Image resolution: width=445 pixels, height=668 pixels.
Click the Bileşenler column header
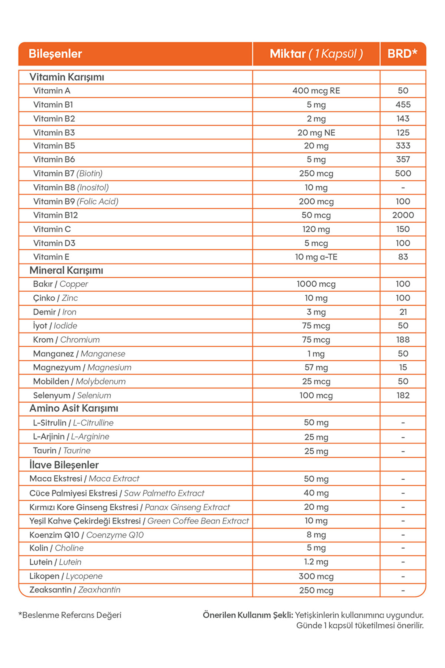55,54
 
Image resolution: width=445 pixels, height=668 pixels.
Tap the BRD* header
402,54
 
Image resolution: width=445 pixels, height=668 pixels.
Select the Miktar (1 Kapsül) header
316,54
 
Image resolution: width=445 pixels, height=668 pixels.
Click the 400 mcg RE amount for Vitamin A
316,91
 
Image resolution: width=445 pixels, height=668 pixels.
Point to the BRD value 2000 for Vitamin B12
403,215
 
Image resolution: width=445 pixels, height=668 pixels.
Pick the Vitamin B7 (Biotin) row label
68,173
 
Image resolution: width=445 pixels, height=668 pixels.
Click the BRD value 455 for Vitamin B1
403,105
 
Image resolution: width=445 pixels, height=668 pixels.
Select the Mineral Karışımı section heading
66,270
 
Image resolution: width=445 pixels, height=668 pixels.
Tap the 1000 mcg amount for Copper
316,284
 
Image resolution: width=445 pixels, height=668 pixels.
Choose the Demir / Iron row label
55,312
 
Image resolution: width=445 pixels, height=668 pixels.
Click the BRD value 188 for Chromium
403,340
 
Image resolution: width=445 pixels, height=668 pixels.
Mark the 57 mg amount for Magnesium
316,367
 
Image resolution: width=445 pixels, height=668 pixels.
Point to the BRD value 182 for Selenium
403,395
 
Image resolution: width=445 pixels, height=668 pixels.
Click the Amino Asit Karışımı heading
74,409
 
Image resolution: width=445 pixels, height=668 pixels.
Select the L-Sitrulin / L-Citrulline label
73,423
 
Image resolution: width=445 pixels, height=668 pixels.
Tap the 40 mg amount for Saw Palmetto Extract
316,493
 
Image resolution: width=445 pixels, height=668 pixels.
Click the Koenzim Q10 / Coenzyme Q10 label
87,535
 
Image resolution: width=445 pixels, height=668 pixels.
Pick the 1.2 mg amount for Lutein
316,562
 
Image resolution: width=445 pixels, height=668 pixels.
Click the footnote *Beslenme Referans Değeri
70,615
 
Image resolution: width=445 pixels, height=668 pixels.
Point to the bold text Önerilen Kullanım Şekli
248,615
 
